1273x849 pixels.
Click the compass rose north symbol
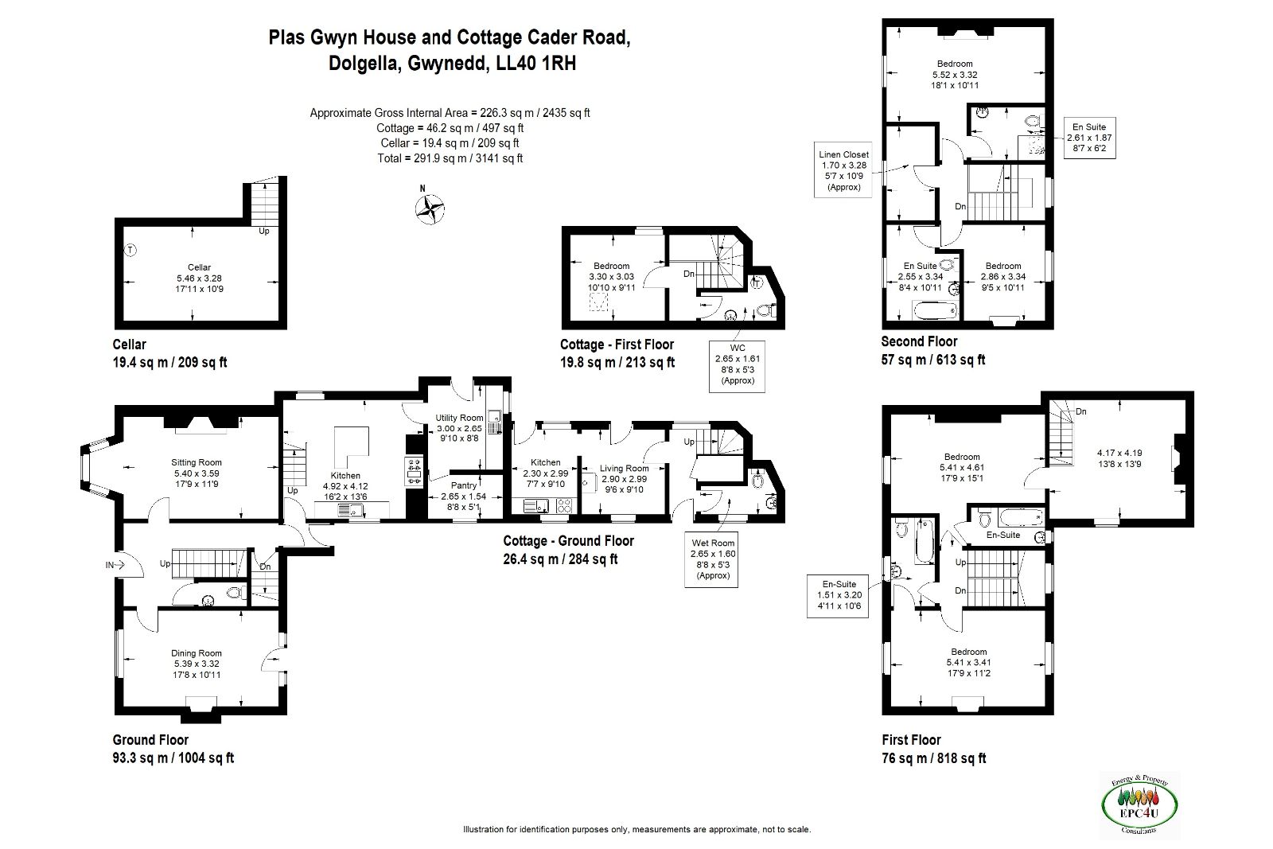tap(430, 208)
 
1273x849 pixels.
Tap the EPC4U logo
tap(1139, 804)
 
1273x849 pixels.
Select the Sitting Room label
tap(197, 462)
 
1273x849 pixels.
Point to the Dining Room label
tap(197, 653)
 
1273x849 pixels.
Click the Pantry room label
tap(464, 485)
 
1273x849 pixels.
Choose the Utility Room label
tap(459, 418)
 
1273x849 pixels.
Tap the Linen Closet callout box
tap(843, 170)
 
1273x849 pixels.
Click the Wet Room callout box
tap(711, 559)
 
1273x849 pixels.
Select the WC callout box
tap(737, 367)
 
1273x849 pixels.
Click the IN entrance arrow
tap(115, 565)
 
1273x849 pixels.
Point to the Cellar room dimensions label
tap(199, 283)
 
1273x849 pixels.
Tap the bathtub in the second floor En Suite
tap(935, 311)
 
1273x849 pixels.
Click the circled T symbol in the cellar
tap(130, 250)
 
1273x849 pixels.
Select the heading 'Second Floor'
tap(919, 341)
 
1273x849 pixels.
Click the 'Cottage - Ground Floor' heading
tap(568, 541)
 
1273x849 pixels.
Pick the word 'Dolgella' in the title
tap(364, 63)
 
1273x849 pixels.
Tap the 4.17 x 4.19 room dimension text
tap(1119, 453)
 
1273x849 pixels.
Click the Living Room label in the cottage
tap(624, 468)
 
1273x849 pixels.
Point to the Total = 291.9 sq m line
tap(450, 158)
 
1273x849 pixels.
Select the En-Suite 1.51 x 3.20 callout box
tap(838, 595)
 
